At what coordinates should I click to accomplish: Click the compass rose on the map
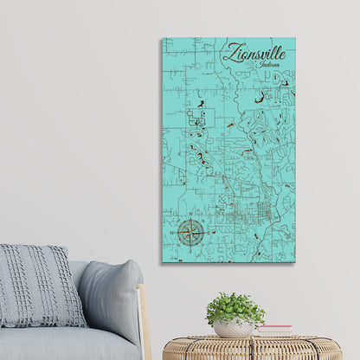click(190, 231)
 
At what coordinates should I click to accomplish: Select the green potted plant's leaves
click(235, 307)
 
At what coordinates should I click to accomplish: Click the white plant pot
click(234, 328)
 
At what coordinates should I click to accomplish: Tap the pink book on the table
click(274, 330)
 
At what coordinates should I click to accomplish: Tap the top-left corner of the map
click(162, 38)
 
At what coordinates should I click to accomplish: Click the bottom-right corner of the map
click(294, 262)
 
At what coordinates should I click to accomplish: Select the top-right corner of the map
click(294, 38)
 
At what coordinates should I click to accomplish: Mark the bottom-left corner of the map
click(162, 262)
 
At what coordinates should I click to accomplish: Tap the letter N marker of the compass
click(190, 220)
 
